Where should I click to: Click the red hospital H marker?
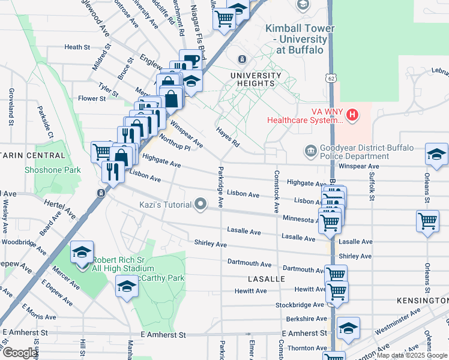point(352,114)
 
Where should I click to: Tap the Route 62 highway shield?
point(331,78)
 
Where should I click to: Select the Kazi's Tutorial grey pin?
point(200,205)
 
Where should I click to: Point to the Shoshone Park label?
point(52,170)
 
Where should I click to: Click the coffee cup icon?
point(190,60)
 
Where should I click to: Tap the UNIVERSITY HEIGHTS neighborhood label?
point(256,80)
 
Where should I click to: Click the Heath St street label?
point(77,47)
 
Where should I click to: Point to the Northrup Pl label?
point(175,142)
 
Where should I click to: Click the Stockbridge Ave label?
point(300,305)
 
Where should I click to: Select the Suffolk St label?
point(372,186)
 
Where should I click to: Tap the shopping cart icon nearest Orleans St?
point(427,220)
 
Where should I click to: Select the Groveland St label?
point(11,107)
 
